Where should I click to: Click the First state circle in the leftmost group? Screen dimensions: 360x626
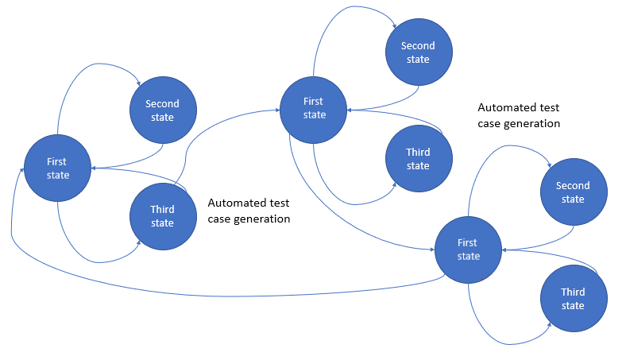point(57,168)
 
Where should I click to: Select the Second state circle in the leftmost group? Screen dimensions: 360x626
point(162,110)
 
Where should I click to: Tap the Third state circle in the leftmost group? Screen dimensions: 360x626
point(162,216)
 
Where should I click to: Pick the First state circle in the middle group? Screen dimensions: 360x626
point(314,108)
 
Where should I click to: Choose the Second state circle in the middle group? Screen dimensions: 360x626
point(418,52)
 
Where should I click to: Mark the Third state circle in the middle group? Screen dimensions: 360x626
point(418,159)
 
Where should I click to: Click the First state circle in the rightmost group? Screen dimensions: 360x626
point(468,249)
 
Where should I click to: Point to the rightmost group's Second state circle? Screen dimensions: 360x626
point(573,192)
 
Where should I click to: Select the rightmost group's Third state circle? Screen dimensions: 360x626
point(573,299)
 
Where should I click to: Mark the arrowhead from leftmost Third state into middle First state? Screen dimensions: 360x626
point(276,110)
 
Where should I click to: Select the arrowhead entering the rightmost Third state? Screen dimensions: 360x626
point(547,325)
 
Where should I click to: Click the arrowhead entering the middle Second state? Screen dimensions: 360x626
point(393,25)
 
